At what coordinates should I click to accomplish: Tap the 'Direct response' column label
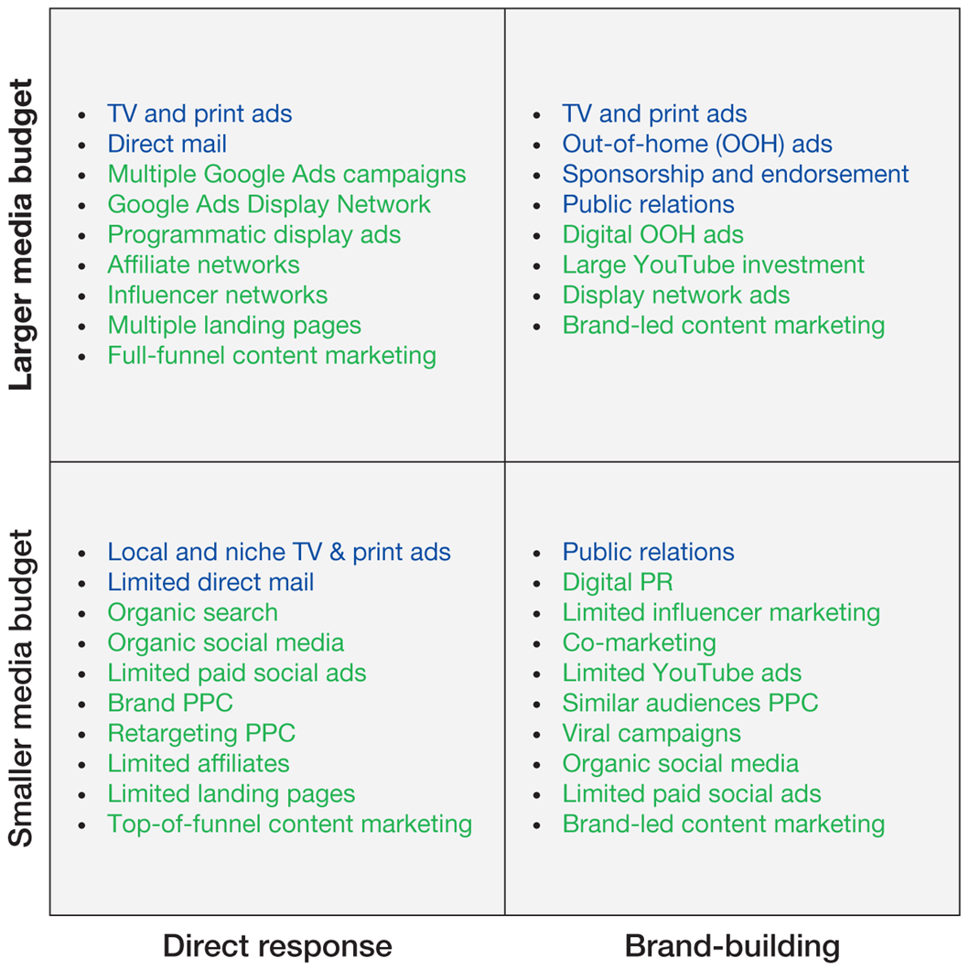277,946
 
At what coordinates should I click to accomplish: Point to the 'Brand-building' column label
732,946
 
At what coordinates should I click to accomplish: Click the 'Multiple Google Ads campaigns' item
286,174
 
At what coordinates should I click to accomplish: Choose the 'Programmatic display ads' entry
253,234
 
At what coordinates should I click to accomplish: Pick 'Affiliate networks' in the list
203,264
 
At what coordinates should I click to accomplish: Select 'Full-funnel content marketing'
272,355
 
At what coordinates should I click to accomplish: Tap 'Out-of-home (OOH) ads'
697,144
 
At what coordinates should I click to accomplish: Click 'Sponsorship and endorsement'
736,174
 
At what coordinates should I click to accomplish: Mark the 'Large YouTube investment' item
713,264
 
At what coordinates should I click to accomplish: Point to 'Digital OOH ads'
652,234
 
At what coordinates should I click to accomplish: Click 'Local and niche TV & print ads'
279,552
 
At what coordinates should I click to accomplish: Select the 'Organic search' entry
192,612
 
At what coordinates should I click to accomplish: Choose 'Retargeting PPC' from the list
201,733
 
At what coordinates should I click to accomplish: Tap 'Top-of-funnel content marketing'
289,824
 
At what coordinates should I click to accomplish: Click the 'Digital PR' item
618,582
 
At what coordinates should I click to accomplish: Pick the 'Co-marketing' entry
639,642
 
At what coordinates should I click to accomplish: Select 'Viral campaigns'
652,733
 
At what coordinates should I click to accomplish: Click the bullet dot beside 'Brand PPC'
83,704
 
